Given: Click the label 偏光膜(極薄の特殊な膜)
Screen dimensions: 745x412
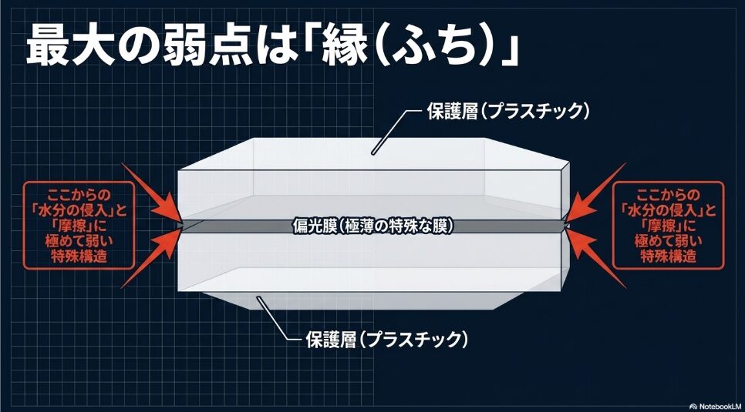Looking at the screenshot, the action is tap(372, 226).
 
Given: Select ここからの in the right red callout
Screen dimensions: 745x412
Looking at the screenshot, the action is tap(669, 195).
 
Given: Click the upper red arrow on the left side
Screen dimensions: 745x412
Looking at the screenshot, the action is tap(152, 193).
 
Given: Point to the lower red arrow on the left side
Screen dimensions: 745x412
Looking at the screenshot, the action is tap(152, 258).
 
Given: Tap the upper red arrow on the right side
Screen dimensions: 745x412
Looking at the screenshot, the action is tap(596, 193).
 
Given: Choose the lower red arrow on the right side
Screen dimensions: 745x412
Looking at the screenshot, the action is tap(596, 258).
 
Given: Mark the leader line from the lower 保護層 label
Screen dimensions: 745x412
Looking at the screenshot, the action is tap(275, 322).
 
